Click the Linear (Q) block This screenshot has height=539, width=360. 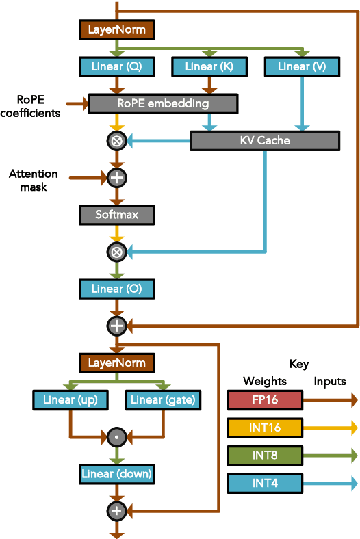[116, 66]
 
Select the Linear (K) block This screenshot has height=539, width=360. [209, 66]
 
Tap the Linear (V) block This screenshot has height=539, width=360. [302, 66]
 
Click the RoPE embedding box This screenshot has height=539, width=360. [163, 104]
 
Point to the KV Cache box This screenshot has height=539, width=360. [265, 141]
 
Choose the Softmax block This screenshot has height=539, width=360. [116, 215]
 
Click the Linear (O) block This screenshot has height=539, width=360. [116, 289]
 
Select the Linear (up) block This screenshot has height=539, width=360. [70, 399]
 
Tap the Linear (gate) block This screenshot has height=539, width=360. [163, 399]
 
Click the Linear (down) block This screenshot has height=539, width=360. [116, 473]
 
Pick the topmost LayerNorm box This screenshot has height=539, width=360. [116, 29]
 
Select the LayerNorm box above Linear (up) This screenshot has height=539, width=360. [116, 363]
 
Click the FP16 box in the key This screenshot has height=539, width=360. [264, 400]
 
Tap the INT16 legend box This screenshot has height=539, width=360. [264, 428]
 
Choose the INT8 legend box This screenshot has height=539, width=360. [264, 456]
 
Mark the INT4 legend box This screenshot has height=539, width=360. [264, 484]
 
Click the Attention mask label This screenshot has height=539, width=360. [34, 180]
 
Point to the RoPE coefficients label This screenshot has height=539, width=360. [30, 106]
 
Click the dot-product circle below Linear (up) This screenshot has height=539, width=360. [116, 436]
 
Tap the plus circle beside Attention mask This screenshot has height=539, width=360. [116, 178]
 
